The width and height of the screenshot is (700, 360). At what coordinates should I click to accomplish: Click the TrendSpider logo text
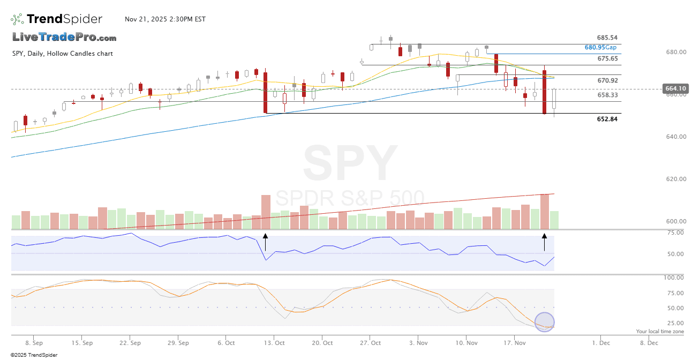pos(64,19)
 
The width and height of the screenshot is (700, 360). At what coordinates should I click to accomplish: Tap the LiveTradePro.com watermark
pos(64,37)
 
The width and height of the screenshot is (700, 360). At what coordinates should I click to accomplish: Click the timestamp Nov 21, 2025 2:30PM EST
pos(165,19)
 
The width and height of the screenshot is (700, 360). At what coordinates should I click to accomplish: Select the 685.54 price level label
pos(607,38)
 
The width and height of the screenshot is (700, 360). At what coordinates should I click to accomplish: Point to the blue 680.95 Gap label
pos(600,48)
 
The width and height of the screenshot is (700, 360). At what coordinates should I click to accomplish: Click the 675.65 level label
pos(607,59)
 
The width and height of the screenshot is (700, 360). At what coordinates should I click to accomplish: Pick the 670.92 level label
pos(607,81)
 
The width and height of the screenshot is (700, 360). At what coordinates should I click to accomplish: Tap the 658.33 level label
pos(607,95)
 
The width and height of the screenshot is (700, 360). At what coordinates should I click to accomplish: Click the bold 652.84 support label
pos(607,119)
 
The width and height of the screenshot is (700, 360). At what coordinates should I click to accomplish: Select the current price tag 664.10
pos(675,88)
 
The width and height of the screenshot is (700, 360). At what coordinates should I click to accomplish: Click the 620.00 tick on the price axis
pos(675,179)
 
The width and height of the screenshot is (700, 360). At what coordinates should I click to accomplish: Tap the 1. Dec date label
pos(601,342)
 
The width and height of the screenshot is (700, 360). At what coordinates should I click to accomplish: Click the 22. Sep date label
pos(130,342)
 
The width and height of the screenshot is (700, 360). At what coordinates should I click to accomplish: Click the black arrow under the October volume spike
pos(266,242)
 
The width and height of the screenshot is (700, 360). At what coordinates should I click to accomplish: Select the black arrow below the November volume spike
pos(545,242)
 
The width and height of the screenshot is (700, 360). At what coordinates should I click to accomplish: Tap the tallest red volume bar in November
pos(545,212)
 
